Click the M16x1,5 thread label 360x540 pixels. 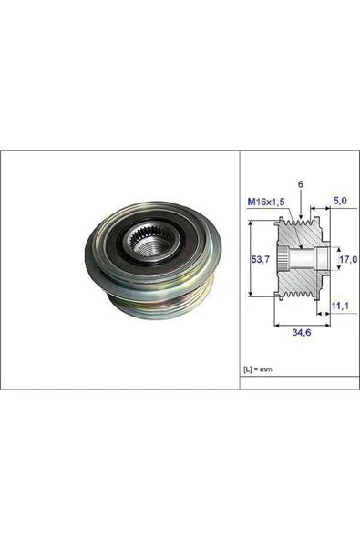(265, 202)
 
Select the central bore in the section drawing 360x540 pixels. (301, 260)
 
